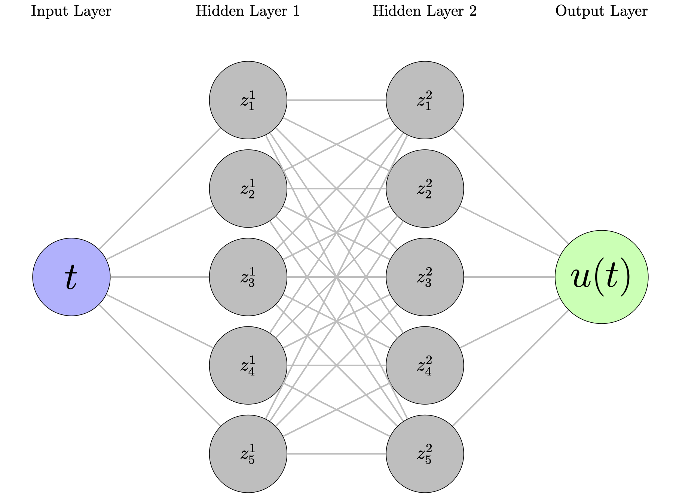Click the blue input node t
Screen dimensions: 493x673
71,277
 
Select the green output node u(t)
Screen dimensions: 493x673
601,277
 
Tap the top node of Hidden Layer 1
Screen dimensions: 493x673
248,100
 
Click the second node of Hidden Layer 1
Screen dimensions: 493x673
248,188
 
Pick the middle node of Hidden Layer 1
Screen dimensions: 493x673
248,277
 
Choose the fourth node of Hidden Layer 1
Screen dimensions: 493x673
248,365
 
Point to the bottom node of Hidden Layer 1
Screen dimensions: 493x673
248,454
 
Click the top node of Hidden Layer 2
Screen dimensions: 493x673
425,100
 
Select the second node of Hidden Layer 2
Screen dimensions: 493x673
425,188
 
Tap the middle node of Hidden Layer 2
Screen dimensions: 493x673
425,277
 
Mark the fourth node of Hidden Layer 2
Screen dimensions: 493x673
425,365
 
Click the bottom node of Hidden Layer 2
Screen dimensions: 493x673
425,454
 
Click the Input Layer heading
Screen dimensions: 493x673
71,11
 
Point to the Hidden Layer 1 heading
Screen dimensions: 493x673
248,11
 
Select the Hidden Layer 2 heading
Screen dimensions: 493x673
425,11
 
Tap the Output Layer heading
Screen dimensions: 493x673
601,11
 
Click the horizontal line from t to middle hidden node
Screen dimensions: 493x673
160,277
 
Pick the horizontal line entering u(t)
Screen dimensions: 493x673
509,277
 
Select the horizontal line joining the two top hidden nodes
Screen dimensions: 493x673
336,100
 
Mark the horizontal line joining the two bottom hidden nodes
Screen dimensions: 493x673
336,454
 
